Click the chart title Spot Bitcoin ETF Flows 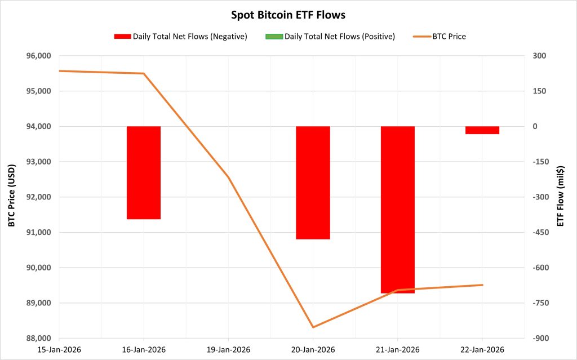[288, 15]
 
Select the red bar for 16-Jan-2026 [144, 172]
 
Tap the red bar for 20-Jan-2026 [313, 183]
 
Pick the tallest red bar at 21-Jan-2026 [398, 210]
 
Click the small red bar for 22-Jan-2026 [482, 130]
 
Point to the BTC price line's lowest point [313, 327]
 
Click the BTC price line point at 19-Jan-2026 [228, 177]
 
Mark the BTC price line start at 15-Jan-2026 [59, 71]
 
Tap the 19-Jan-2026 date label [228, 350]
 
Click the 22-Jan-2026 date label [482, 350]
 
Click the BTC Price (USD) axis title [11, 197]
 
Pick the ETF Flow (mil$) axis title [560, 197]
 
